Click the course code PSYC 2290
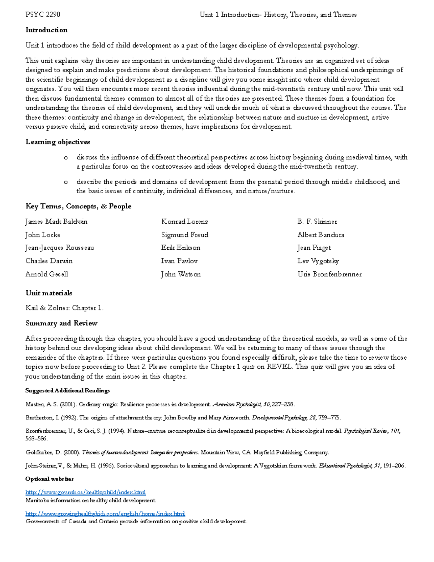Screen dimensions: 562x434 [x=43, y=15]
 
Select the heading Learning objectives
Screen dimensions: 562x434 [x=58, y=142]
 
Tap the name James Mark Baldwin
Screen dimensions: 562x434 [x=56, y=221]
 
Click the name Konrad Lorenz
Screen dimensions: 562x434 [x=184, y=221]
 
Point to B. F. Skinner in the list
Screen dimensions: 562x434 [x=317, y=221]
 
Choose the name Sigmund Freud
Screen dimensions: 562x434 [x=184, y=235]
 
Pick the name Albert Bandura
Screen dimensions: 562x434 [x=320, y=235]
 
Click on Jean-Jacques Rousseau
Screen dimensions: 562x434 [x=60, y=248]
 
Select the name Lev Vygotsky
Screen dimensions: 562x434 [x=318, y=261]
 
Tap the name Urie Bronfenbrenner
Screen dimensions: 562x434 [x=329, y=274]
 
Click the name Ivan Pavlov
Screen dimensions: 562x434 [x=179, y=261]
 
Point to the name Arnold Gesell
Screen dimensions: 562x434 [x=47, y=274]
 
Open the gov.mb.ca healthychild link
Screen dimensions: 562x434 [x=85, y=492]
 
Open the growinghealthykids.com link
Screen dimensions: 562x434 [x=105, y=514]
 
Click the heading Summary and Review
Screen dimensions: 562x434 [x=61, y=323]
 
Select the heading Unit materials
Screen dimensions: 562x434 [x=48, y=293]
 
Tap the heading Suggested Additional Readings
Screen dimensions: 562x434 [x=67, y=390]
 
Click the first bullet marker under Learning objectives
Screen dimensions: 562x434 [x=65, y=157]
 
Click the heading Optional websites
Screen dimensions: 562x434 [x=49, y=479]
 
